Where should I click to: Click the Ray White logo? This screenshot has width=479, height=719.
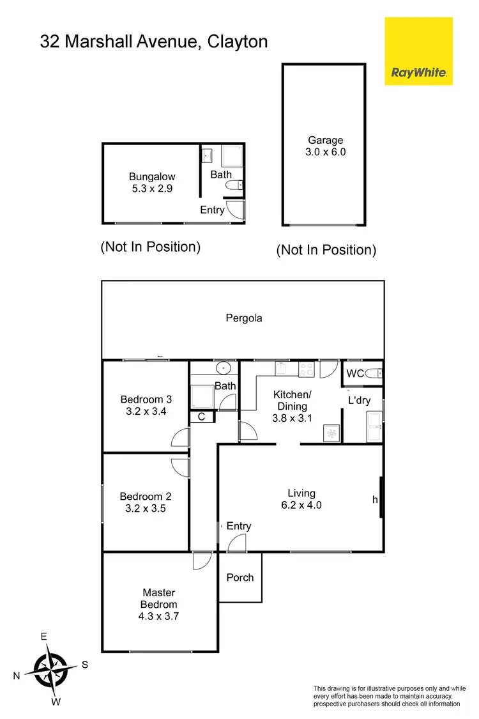tap(418, 51)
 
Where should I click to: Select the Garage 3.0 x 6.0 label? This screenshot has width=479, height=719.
tap(326, 146)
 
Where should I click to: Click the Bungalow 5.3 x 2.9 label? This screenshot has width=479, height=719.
tap(152, 183)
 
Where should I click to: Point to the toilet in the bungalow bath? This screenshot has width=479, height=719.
tap(234, 185)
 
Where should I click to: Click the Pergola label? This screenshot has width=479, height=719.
tap(244, 318)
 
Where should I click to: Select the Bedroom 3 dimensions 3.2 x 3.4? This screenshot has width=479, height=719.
tap(146, 412)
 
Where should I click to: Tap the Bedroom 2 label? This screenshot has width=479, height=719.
tap(146, 497)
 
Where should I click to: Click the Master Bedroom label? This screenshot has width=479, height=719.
tap(159, 598)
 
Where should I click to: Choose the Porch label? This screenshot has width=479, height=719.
tap(240, 578)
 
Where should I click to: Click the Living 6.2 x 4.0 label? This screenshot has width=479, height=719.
tap(301, 499)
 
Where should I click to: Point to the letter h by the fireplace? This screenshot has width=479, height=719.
tap(375, 500)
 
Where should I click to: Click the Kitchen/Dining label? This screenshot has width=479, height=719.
tap(291, 400)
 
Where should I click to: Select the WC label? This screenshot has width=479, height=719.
tap(354, 373)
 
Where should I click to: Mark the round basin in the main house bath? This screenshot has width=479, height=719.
tap(224, 368)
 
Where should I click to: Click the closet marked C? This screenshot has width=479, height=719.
tap(201, 417)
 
